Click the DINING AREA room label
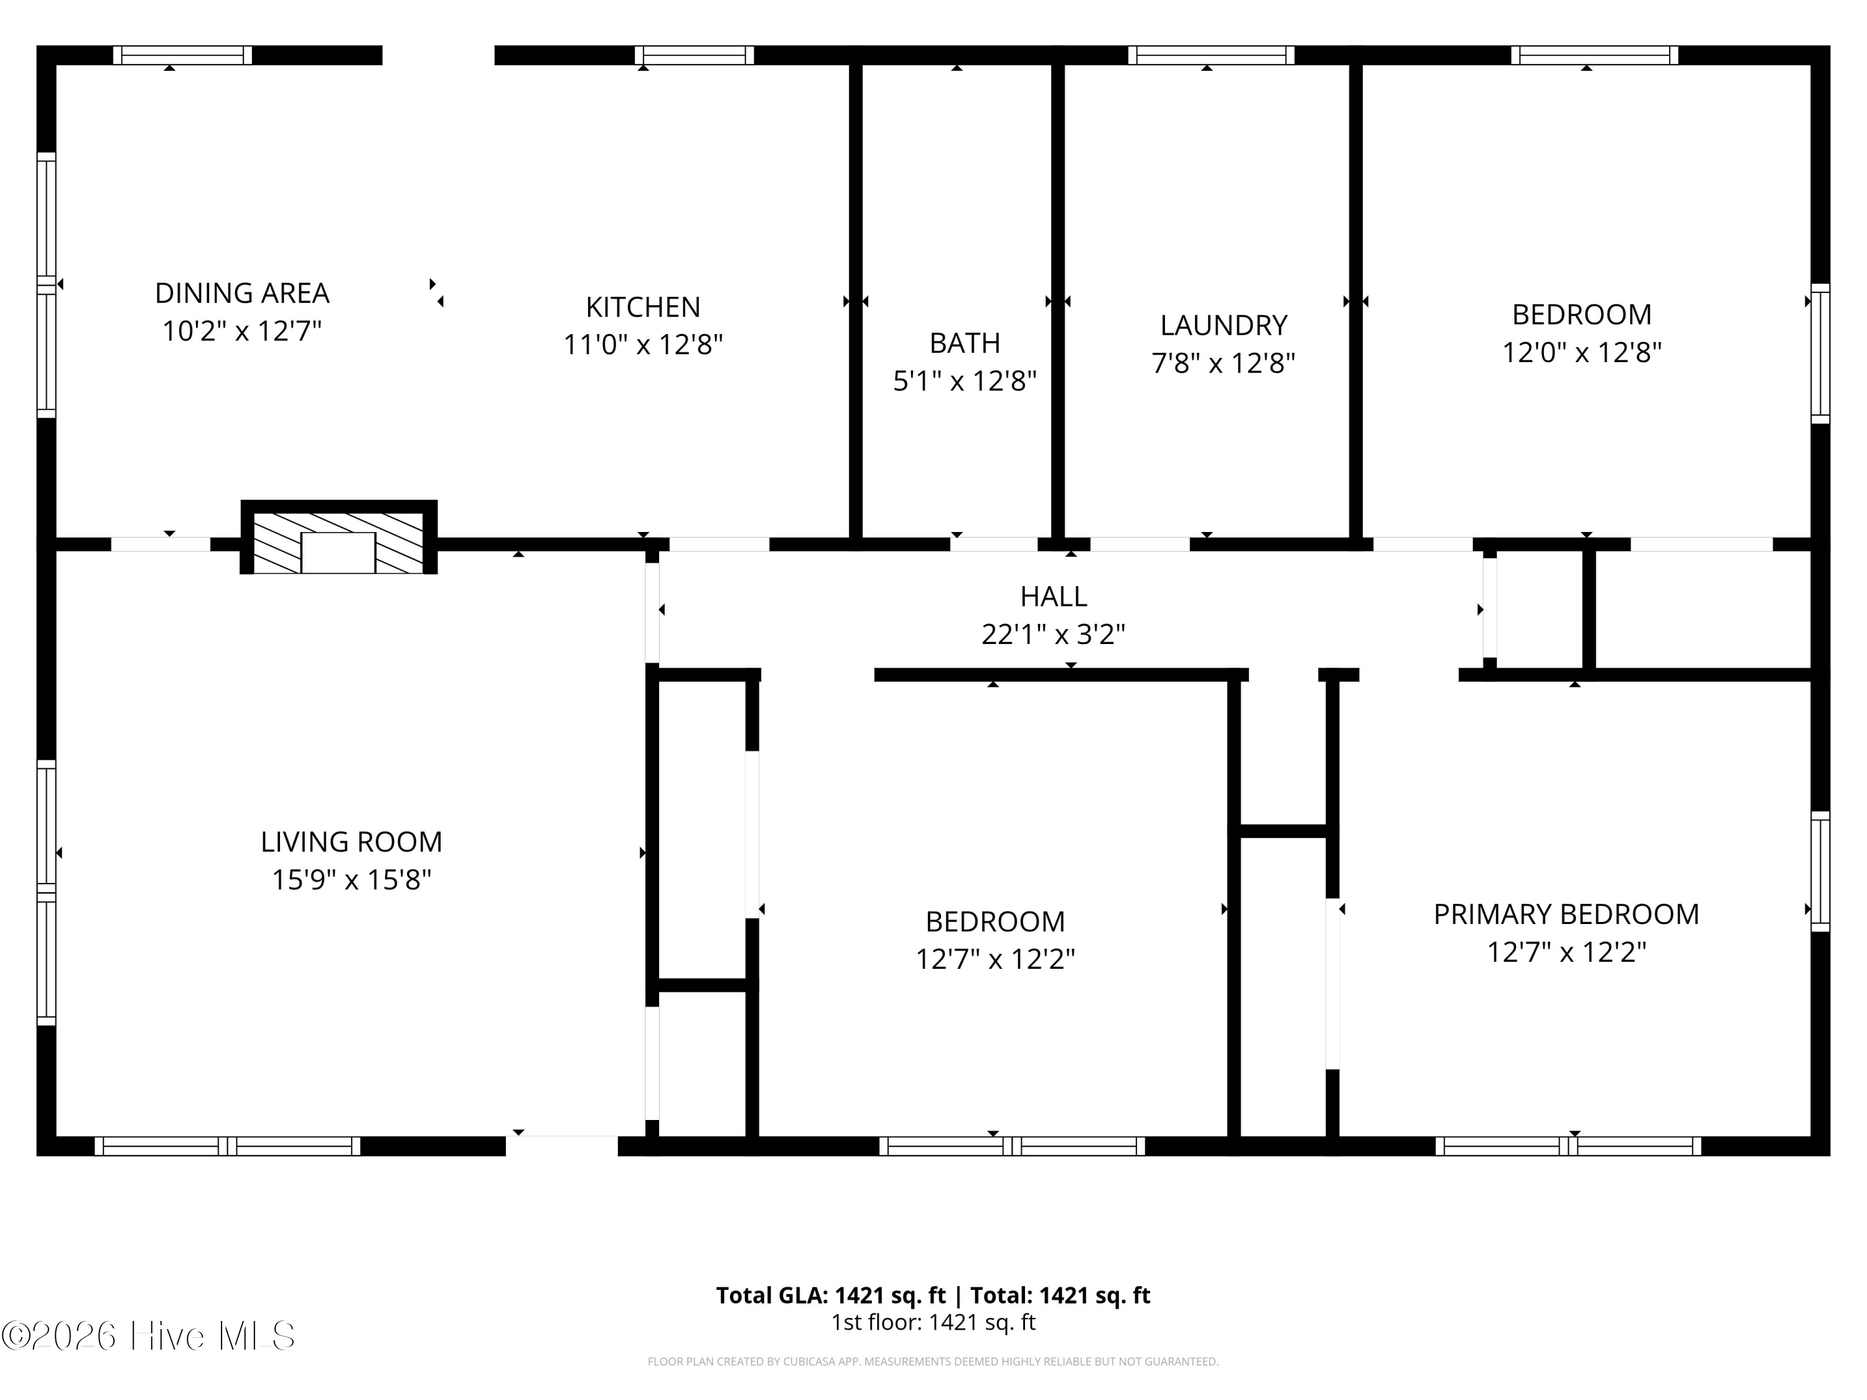tap(242, 293)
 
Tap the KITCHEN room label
tap(643, 306)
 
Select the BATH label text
tap(965, 343)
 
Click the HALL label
tap(1054, 597)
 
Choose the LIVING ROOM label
tap(351, 841)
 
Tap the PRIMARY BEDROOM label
tap(1566, 914)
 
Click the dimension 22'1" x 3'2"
tap(1054, 634)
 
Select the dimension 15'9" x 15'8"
tap(351, 879)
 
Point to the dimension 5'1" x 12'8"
tap(965, 381)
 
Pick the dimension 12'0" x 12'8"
tap(1582, 352)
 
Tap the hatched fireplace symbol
tap(339, 538)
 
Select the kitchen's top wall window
tap(694, 55)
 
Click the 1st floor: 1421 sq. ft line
tap(933, 1322)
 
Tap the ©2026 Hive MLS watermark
tap(149, 1336)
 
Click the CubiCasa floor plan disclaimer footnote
tap(933, 1361)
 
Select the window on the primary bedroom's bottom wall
tap(1568, 1146)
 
